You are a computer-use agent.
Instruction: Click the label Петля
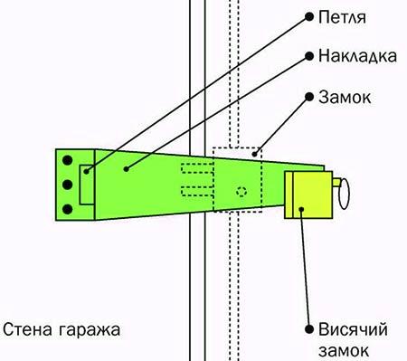click(341, 18)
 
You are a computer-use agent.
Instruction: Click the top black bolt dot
click(67, 162)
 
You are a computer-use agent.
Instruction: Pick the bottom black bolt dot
click(67, 210)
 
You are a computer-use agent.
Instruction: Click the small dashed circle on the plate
click(240, 191)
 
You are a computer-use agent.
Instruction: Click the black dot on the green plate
click(126, 168)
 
